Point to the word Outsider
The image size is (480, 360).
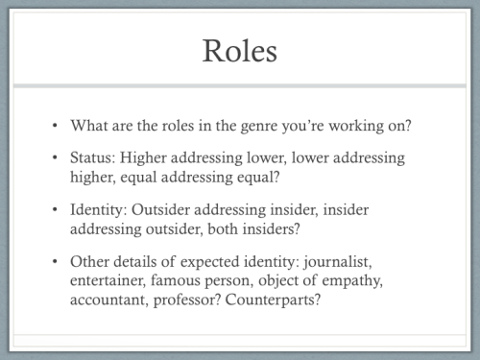[x=165, y=209]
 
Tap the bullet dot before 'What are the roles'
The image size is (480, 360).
[x=56, y=126]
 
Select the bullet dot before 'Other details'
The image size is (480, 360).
[x=56, y=262]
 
